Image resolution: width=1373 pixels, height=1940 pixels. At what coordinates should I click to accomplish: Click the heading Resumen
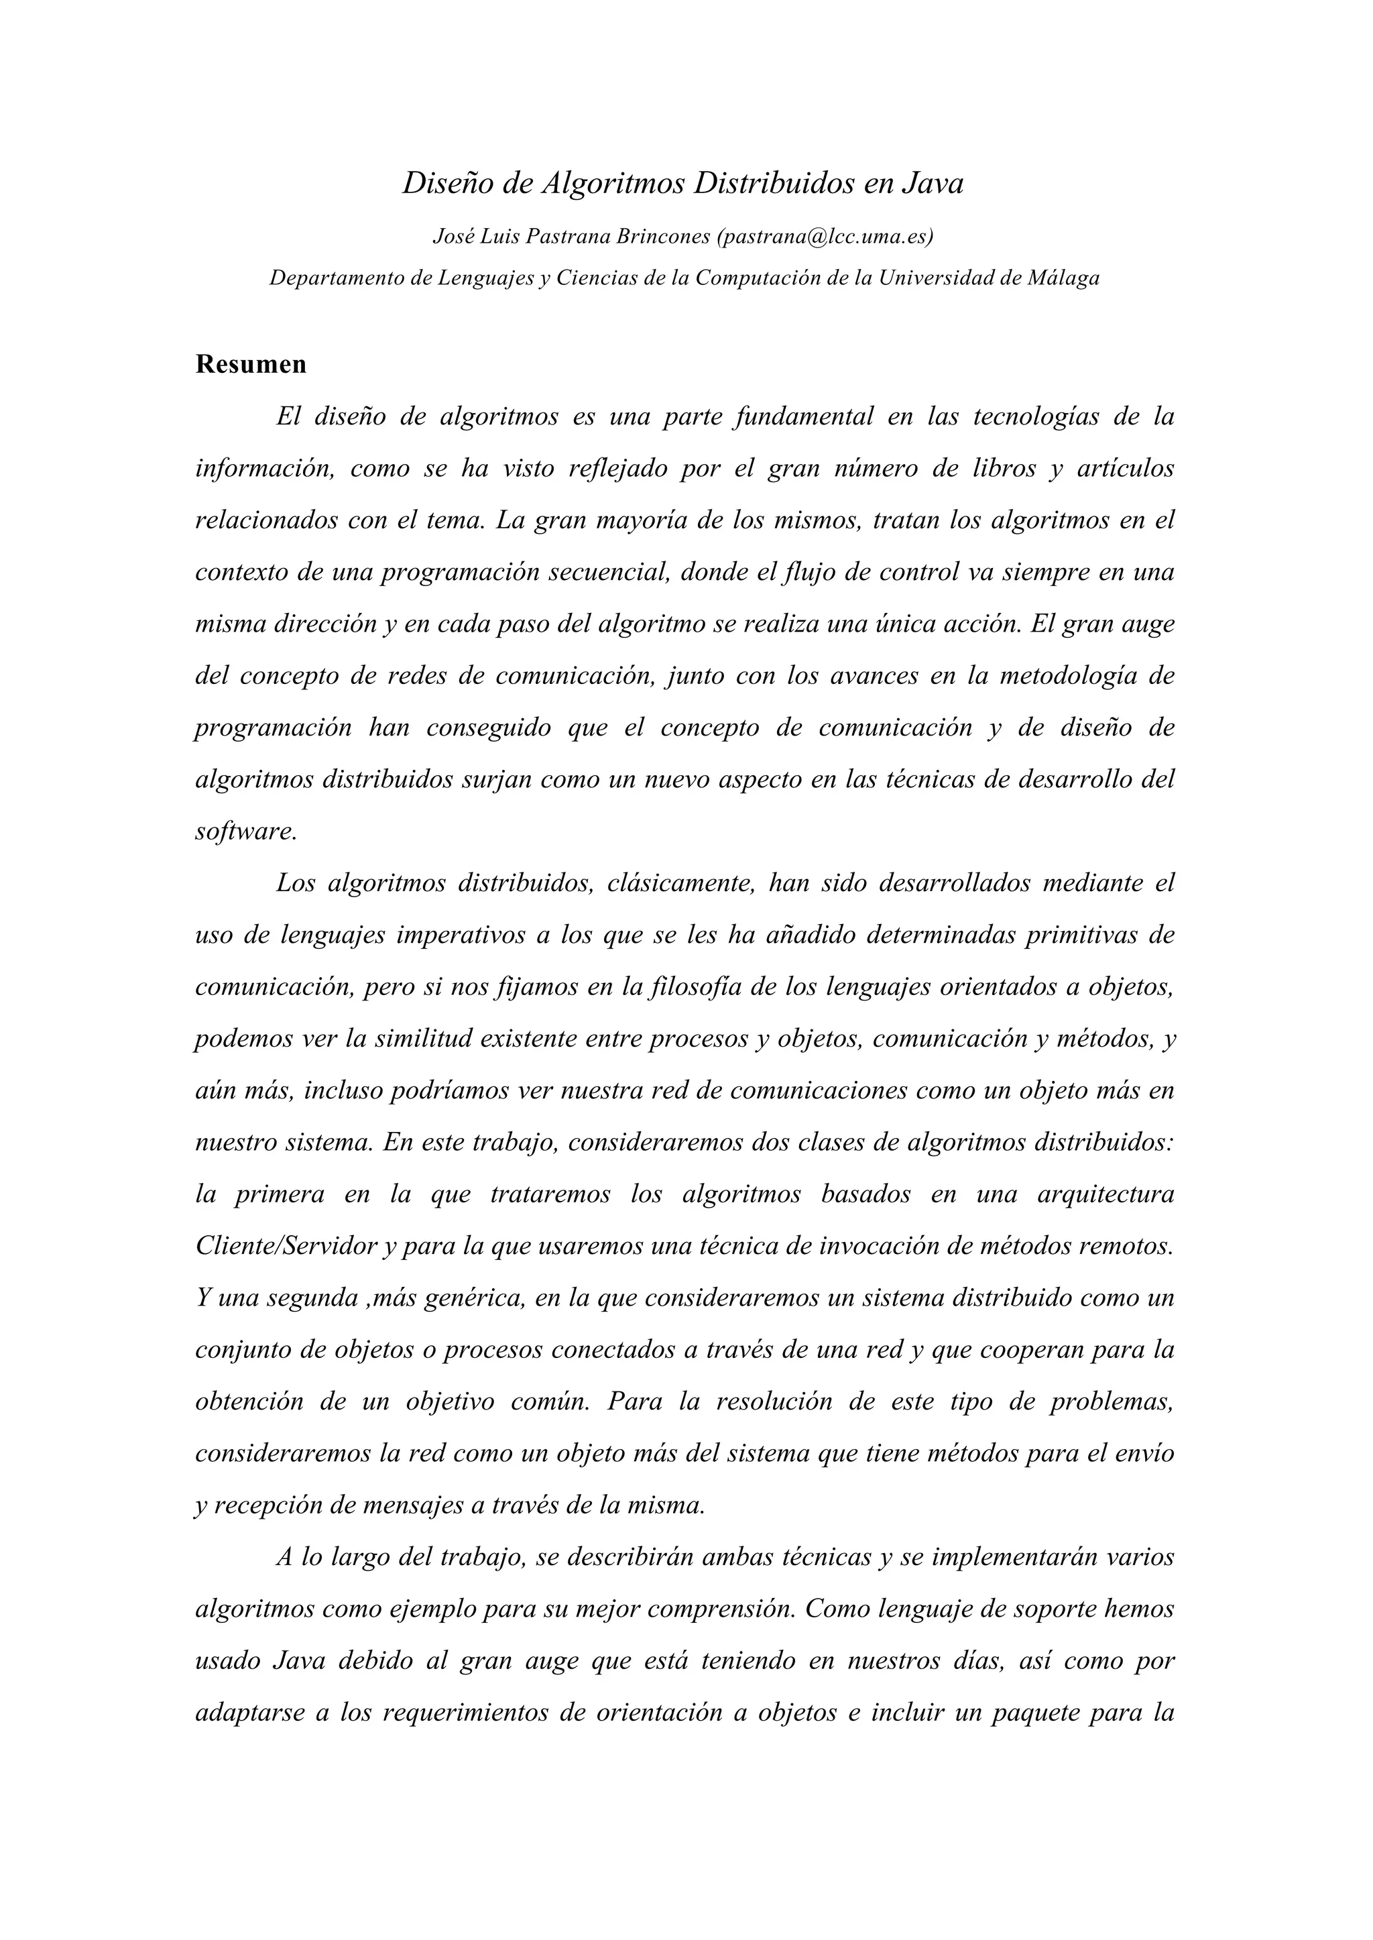pyautogui.click(x=251, y=365)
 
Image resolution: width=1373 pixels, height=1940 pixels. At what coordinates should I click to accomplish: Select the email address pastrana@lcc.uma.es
pyautogui.click(x=825, y=237)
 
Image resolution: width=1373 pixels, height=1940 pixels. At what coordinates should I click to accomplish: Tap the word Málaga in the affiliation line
pyautogui.click(x=1063, y=278)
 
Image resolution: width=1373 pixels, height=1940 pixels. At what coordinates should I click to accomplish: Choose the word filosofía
pyautogui.click(x=696, y=988)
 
